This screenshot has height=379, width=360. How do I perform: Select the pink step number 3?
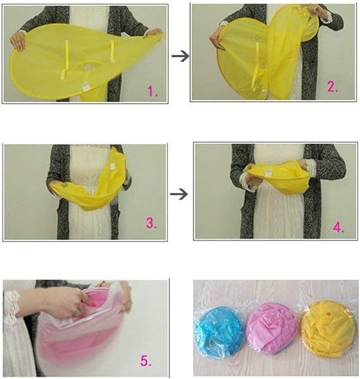[151, 223]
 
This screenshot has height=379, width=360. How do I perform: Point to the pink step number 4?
[338, 227]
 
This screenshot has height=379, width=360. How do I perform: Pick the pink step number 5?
[146, 361]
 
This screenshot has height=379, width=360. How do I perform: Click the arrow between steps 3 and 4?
[181, 192]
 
